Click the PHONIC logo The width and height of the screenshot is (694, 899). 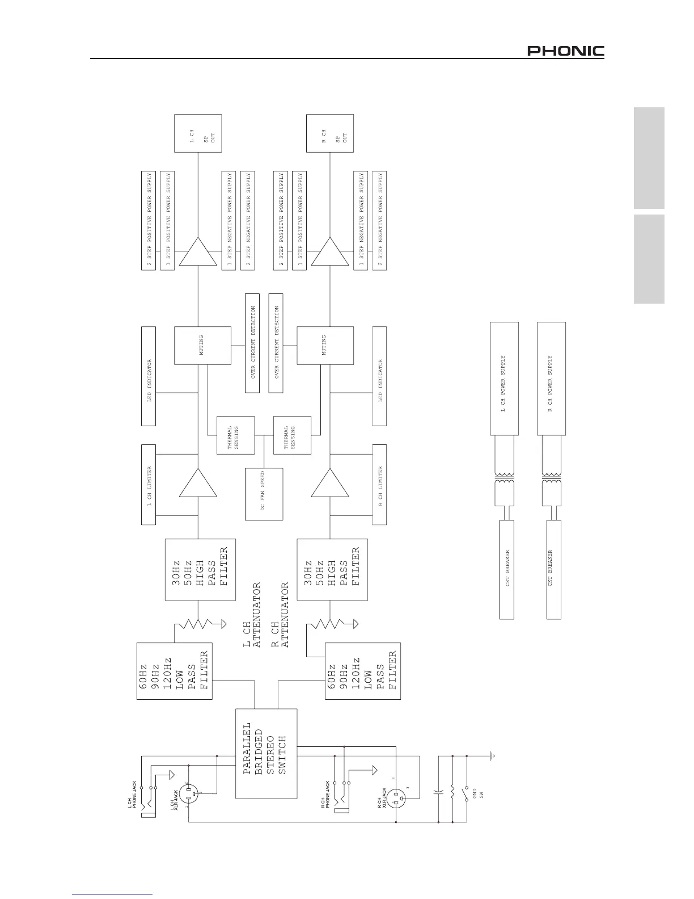[x=565, y=52]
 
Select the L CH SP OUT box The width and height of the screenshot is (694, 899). [x=198, y=133]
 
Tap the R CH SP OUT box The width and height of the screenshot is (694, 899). [x=330, y=133]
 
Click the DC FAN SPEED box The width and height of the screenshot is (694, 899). [x=263, y=494]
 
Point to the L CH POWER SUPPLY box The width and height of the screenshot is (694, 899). [x=503, y=378]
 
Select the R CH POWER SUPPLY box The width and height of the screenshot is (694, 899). [x=551, y=378]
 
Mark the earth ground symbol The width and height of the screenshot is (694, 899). [x=493, y=757]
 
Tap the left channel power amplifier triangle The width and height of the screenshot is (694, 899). [x=198, y=252]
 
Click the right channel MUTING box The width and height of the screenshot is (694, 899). [x=325, y=345]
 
